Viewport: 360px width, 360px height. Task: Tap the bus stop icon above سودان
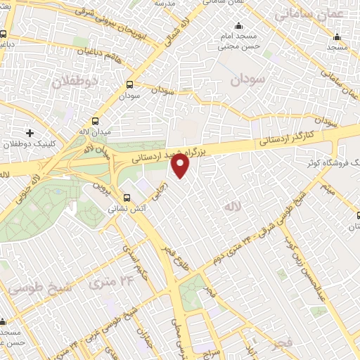click(x=129, y=84)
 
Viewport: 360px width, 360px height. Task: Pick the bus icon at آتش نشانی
click(x=127, y=198)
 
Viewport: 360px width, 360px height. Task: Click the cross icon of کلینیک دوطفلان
click(x=30, y=132)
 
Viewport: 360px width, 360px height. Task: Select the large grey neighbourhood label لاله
click(x=232, y=207)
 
